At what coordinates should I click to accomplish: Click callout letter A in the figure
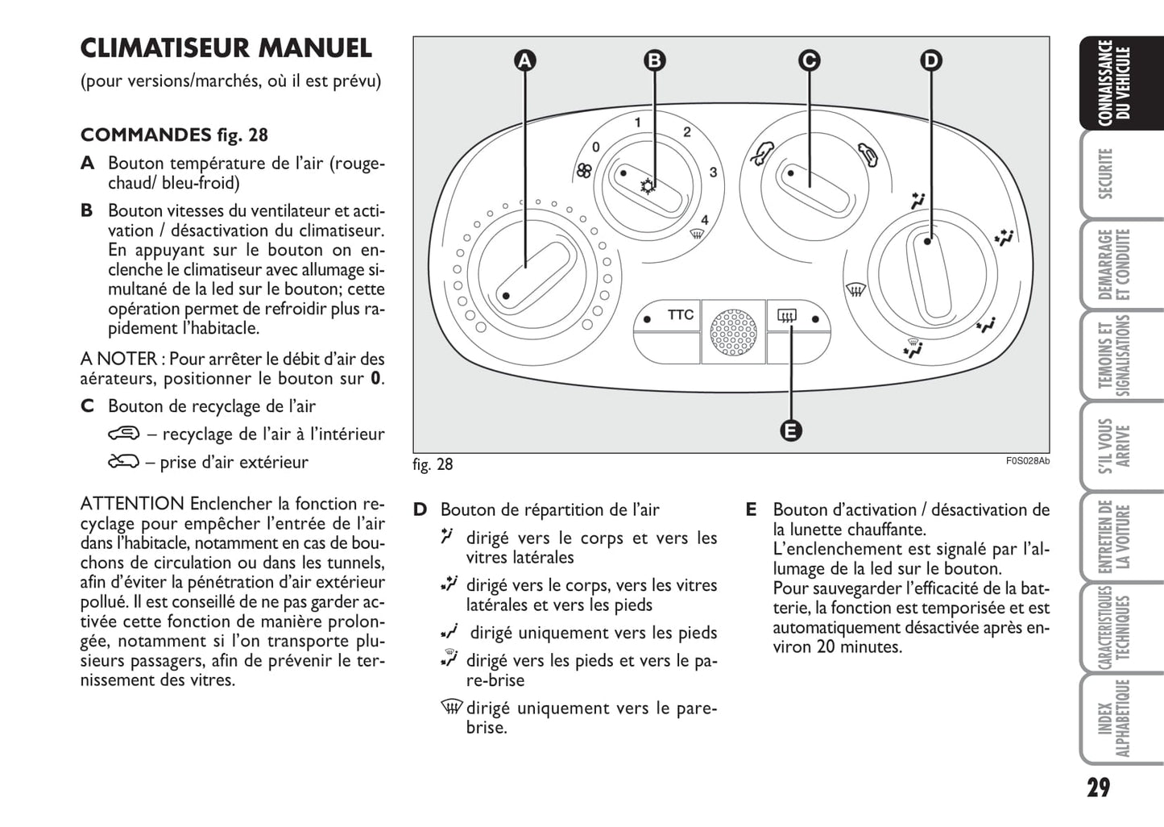click(524, 60)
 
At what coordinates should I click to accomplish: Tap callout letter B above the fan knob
click(655, 60)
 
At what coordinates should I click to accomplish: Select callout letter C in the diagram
click(809, 60)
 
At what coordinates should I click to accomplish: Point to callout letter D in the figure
click(930, 60)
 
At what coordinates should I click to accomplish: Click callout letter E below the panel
click(791, 430)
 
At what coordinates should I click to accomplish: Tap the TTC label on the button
click(680, 315)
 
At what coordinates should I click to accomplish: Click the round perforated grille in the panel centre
click(732, 331)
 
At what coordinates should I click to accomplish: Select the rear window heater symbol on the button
click(786, 317)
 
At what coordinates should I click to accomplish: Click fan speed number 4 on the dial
click(704, 220)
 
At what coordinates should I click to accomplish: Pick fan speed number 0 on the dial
click(595, 148)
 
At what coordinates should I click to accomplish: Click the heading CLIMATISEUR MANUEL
click(226, 48)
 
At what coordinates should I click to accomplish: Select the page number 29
click(1098, 788)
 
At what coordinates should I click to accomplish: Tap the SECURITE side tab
click(1106, 172)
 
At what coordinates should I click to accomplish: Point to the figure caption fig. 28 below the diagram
click(433, 464)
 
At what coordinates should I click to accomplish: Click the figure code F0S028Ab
click(1027, 461)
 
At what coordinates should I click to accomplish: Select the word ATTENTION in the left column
click(132, 504)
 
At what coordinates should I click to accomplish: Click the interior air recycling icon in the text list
click(124, 434)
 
